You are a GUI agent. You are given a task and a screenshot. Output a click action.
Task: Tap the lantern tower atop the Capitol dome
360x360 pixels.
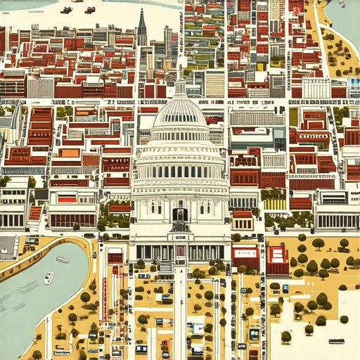tap(180, 88)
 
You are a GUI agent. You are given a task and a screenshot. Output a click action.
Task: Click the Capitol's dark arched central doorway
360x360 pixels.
tap(180, 214)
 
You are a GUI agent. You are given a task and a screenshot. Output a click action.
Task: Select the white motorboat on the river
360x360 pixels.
tap(49, 277)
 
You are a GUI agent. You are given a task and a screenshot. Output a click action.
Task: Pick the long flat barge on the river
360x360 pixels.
tap(63, 259)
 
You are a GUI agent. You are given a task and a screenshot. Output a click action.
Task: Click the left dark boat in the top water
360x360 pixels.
tap(67, 10)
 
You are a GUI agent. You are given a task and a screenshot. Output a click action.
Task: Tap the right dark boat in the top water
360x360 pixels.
tap(89, 10)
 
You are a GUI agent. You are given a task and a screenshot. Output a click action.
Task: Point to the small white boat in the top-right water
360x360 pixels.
tap(342, 4)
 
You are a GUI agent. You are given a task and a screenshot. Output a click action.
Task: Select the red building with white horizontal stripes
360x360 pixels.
tap(277, 259)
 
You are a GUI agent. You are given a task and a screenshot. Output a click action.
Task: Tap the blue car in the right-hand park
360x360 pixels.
tap(285, 288)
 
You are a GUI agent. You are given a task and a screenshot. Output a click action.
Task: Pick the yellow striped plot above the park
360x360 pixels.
tap(274, 203)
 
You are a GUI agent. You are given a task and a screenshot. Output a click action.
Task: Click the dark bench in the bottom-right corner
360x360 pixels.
tap(336, 342)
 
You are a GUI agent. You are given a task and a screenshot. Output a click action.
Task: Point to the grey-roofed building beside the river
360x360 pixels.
tap(8, 246)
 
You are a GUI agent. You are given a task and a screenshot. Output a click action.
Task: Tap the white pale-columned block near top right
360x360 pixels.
tap(316, 88)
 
